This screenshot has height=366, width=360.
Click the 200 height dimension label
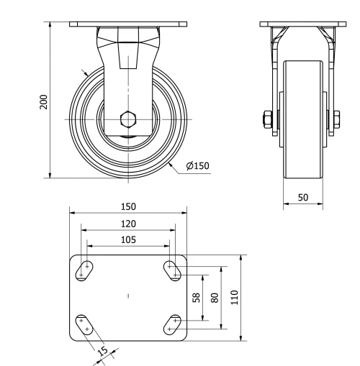click(x=43, y=101)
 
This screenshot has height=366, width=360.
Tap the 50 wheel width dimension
click(x=302, y=196)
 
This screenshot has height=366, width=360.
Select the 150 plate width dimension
click(x=128, y=206)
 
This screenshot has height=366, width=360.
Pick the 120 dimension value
click(x=128, y=224)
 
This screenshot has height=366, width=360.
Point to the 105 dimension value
click(x=128, y=239)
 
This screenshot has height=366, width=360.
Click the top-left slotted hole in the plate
click(x=86, y=270)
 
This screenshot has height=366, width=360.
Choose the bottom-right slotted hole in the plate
click(x=173, y=324)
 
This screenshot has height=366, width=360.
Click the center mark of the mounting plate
click(x=128, y=296)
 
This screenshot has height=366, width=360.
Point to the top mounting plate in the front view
click(x=128, y=24)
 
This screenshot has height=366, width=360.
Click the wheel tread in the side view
click(x=302, y=119)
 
